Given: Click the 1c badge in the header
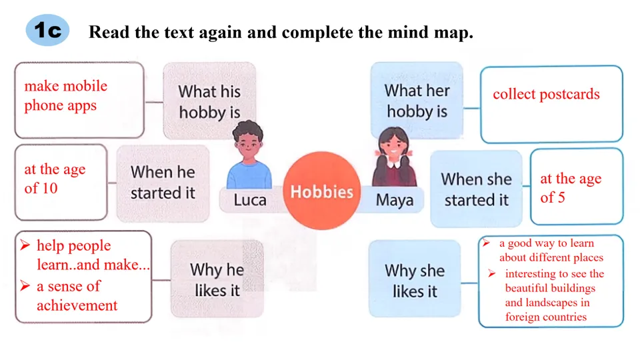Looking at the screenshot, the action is point(47,31).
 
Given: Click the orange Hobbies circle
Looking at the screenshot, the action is point(321,191).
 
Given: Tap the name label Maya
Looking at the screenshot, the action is point(394,199).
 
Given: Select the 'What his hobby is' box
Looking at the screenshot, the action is point(209,101).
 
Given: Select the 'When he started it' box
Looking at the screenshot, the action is point(163,183).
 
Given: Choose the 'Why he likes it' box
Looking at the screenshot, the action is point(217,279).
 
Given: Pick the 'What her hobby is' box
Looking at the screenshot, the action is point(417,101).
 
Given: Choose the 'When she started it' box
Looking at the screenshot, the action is point(476,189).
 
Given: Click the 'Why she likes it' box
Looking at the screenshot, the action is point(414,281).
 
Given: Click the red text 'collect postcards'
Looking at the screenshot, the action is point(546,95).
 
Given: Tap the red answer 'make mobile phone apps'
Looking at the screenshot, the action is point(65,95).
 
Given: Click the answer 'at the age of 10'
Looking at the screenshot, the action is point(55,179).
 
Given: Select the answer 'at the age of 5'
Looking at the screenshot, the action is point(570,188).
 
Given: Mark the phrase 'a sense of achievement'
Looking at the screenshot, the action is point(77,296).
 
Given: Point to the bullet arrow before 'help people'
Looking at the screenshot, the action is point(25,246).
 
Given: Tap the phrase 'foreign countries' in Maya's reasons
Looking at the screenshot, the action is point(545,317).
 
